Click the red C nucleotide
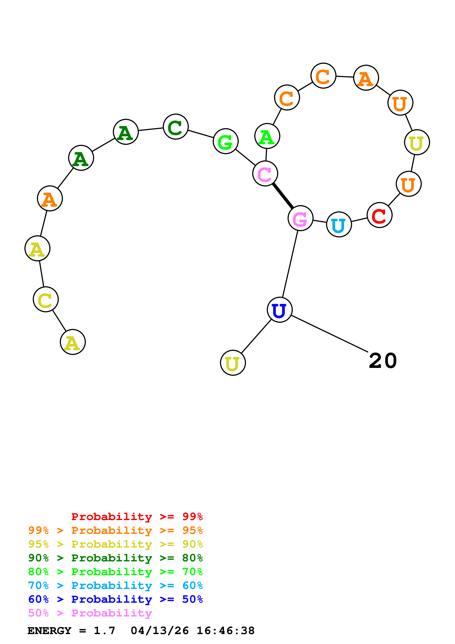[x=379, y=215]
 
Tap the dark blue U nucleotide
[x=280, y=310]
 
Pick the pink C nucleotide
[x=265, y=174]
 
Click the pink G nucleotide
[x=300, y=218]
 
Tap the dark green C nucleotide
[x=175, y=127]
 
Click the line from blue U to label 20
[x=329, y=334]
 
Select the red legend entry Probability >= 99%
[x=137, y=517]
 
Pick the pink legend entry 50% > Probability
[x=90, y=613]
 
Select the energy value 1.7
[x=104, y=631]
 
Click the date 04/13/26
[x=159, y=631]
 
